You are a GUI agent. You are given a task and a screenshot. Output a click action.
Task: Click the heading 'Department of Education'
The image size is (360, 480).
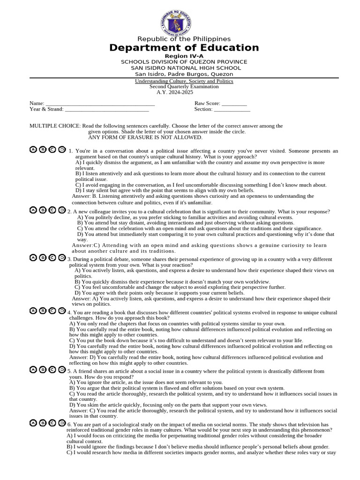coord(184,48)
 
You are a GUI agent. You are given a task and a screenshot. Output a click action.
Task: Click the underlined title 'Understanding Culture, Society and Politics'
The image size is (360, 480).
coord(184,81)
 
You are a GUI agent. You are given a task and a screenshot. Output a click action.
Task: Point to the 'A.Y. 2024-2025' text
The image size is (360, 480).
coord(174,92)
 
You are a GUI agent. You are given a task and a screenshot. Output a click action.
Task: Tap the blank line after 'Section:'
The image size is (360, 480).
coord(232,109)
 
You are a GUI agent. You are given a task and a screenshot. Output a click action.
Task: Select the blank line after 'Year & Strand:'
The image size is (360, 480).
coord(106,109)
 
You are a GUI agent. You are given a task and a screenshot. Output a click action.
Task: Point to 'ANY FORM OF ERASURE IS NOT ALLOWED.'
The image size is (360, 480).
coord(145,137)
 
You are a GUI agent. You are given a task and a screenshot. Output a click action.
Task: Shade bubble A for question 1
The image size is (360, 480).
coord(33,150)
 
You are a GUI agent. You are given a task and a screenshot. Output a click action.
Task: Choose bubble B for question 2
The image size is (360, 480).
coord(43,210)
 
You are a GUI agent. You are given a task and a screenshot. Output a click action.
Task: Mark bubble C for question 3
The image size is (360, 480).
coord(52,257)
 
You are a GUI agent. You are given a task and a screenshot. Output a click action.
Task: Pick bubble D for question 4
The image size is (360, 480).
coord(61,310)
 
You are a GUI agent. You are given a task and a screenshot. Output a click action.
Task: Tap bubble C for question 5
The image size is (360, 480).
coord(52,369)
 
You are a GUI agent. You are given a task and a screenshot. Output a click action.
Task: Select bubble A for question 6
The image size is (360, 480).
coord(33,423)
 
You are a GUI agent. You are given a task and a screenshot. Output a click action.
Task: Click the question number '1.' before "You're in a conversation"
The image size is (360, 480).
coord(70,151)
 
